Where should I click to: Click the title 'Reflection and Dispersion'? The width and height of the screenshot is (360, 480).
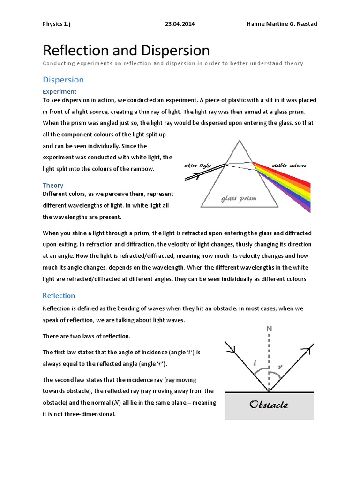126,51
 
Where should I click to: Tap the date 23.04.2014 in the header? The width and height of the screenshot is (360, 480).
180,24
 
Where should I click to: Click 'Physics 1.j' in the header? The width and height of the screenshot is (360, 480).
59,24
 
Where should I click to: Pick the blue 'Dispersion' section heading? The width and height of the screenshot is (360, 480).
63,80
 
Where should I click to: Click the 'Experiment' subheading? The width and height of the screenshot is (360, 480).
60,91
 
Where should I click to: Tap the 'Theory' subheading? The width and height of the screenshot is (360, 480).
53,185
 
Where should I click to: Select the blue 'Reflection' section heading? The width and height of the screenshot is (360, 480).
59,295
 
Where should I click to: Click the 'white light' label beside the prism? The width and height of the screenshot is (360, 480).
199,166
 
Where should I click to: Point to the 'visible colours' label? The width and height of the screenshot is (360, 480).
289,166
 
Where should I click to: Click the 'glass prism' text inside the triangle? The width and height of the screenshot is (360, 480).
239,198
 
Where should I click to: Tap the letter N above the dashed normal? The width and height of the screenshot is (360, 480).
269,329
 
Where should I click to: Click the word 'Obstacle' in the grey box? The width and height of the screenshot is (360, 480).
269,404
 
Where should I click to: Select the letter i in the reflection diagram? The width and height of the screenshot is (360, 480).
255,362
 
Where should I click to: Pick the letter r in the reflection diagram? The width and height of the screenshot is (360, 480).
280,367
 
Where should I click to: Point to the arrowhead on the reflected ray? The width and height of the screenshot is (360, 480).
309,348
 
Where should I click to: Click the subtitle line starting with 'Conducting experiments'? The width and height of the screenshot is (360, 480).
172,63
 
